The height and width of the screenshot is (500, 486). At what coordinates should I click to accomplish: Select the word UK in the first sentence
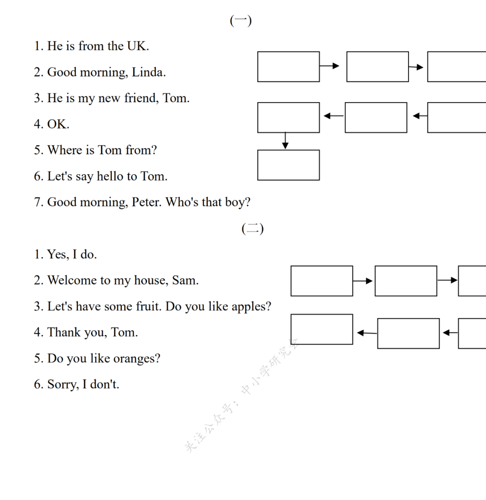pyautogui.click(x=137, y=46)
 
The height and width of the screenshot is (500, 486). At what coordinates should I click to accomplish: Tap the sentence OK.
pyautogui.click(x=58, y=124)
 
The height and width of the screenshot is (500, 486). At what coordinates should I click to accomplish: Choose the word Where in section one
pyautogui.click(x=65, y=150)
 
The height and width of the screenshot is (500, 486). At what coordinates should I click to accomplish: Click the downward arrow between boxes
pyautogui.click(x=285, y=141)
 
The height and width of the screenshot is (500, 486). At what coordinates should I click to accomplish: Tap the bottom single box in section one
pyautogui.click(x=288, y=165)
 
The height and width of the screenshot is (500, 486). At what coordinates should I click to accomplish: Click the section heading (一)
pyautogui.click(x=241, y=21)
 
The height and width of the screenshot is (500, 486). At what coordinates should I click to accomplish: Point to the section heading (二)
pyautogui.click(x=252, y=229)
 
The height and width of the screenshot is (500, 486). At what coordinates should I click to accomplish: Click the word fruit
pyautogui.click(x=148, y=306)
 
